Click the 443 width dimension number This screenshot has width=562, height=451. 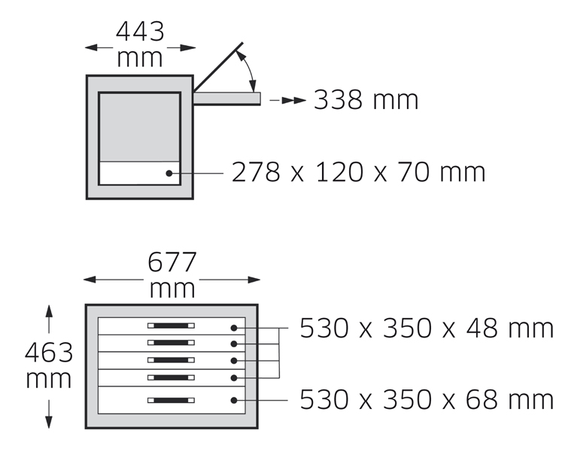[x=140, y=32]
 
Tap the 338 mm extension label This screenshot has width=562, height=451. [x=366, y=100]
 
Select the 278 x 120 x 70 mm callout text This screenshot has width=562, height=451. [x=358, y=172]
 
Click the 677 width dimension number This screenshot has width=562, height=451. [x=172, y=262]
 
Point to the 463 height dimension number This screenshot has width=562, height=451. [x=49, y=353]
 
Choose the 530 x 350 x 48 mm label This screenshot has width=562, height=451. [x=427, y=328]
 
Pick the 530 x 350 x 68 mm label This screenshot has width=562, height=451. [x=427, y=399]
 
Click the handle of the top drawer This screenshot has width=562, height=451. [x=171, y=326]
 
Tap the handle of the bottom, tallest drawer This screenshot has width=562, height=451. [x=171, y=401]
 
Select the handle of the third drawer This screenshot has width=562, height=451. [x=171, y=360]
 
